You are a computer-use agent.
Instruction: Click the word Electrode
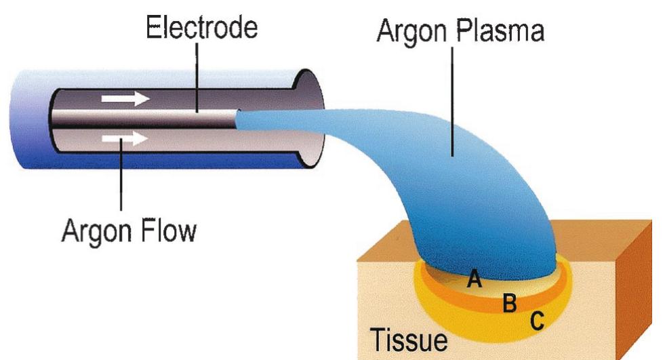[x=201, y=28]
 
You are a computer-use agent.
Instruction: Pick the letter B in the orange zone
[x=509, y=303]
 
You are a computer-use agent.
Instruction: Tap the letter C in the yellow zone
[x=536, y=321]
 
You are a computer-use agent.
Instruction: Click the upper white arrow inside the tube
[x=125, y=99]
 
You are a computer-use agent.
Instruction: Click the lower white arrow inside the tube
[x=125, y=139]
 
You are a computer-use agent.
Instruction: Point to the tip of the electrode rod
[x=237, y=119]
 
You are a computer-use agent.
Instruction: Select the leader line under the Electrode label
[x=196, y=75]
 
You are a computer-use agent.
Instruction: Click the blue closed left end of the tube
[x=27, y=119]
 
